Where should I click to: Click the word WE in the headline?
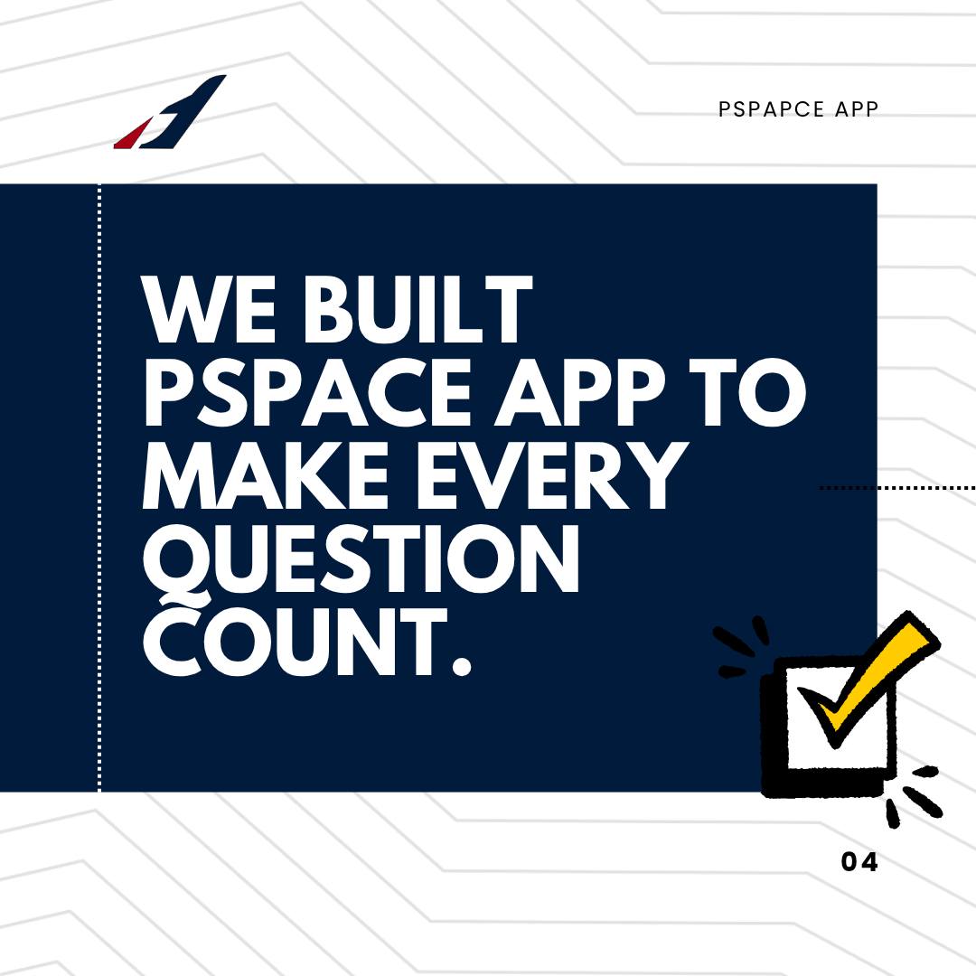click(210, 310)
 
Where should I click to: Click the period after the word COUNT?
click(461, 667)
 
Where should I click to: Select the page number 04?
click(859, 862)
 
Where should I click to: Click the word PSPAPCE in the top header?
click(771, 109)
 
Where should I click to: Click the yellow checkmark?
click(868, 673)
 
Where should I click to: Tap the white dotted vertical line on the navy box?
click(99, 488)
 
